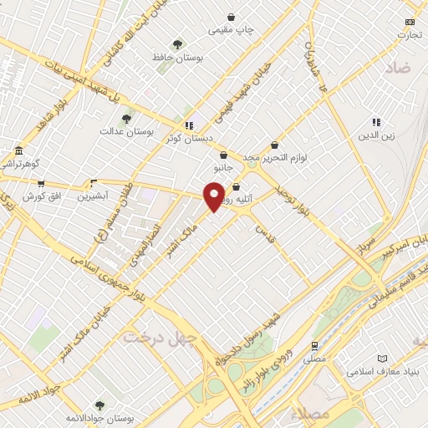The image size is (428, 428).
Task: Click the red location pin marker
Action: pyautogui.click(x=215, y=196)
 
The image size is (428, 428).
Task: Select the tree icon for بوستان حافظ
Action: pyautogui.click(x=176, y=43)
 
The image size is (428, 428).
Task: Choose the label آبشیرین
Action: pyautogui.click(x=93, y=196)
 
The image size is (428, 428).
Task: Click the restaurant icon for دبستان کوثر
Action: pyautogui.click(x=189, y=125)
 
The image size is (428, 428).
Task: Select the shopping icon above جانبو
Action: pyautogui.click(x=223, y=155)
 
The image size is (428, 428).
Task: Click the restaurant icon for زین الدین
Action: pyautogui.click(x=376, y=122)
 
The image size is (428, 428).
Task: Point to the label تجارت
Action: pyautogui.click(x=410, y=35)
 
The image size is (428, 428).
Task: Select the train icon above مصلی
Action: pyautogui.click(x=314, y=345)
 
